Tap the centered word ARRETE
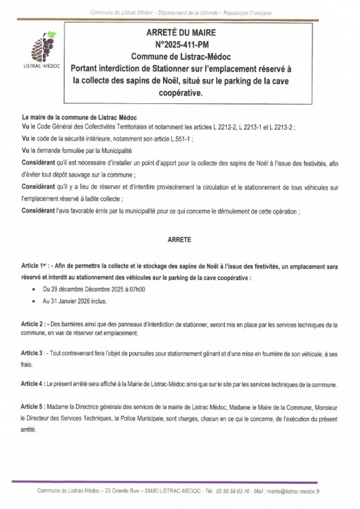(179, 239)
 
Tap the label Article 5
(34, 406)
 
